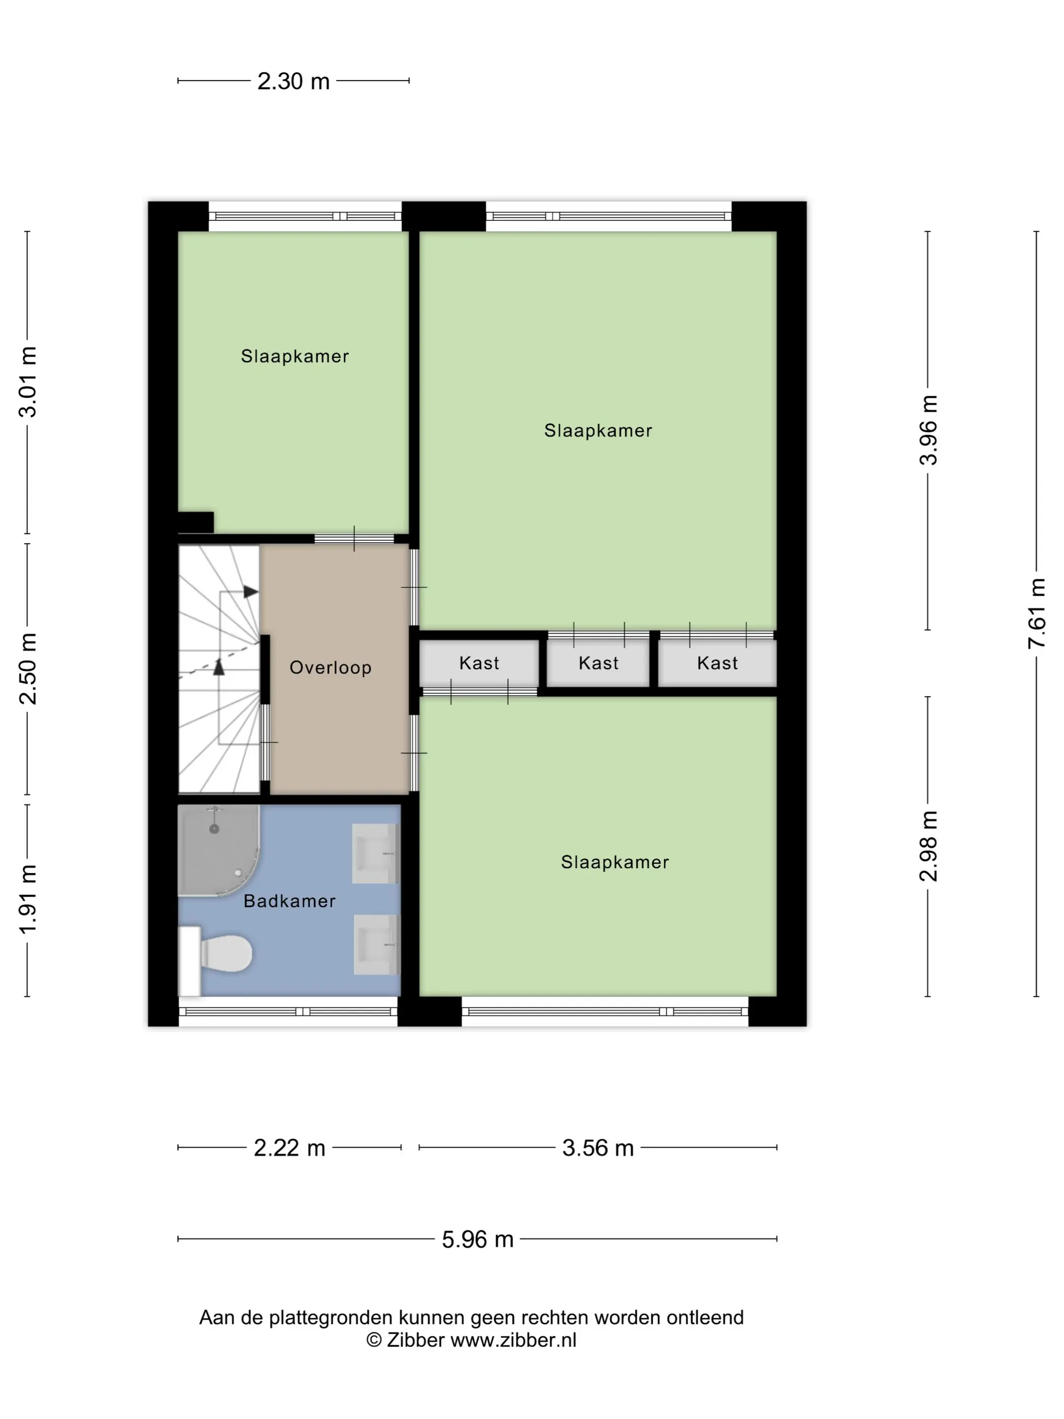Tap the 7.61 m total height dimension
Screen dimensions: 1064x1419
pos(1037,613)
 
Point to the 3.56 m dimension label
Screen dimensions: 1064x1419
pos(598,1148)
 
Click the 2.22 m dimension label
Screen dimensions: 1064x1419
pos(290,1148)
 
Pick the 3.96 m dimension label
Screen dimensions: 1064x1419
pos(928,430)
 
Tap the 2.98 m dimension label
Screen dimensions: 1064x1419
pos(928,846)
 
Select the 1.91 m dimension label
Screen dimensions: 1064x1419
pos(27,900)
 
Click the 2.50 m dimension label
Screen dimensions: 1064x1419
pos(27,668)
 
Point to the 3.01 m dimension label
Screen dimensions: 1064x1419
pos(27,382)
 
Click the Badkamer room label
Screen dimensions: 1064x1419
pos(289,901)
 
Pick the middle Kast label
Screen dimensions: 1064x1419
pos(598,663)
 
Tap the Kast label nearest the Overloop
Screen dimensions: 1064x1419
pos(479,663)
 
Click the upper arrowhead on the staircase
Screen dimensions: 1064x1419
pos(251,591)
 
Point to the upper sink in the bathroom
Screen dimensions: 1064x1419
pos(375,854)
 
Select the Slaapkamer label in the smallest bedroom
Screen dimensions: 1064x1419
pos(295,356)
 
